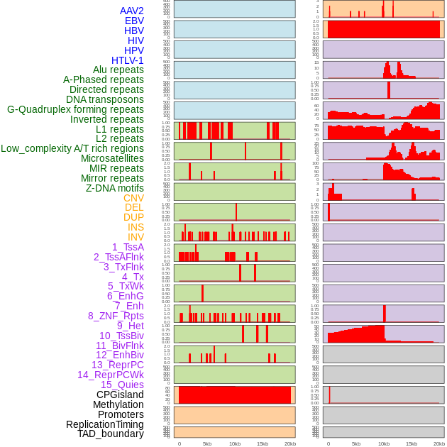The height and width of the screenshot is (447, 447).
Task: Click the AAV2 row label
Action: tap(131, 11)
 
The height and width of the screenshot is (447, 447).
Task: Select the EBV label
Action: tap(134, 21)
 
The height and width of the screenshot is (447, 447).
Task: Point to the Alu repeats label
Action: tap(118, 70)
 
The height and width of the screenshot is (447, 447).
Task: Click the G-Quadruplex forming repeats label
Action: tap(75, 110)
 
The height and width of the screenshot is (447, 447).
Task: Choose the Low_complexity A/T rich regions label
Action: tap(72, 149)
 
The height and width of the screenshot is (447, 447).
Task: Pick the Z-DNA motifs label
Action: tap(114, 188)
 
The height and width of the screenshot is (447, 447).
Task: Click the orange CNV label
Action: tap(133, 198)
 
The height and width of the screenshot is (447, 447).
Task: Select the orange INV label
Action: tap(136, 237)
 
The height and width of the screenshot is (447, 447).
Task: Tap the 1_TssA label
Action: tap(128, 247)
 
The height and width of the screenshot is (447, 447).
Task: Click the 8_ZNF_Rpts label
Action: tap(116, 316)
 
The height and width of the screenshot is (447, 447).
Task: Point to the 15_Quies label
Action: tap(122, 385)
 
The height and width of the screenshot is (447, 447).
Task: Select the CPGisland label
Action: tap(120, 394)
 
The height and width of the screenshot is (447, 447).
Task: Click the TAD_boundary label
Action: tap(111, 434)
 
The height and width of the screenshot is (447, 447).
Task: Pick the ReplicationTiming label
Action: tap(104, 424)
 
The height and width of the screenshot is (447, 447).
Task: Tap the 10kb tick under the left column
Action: tap(235, 443)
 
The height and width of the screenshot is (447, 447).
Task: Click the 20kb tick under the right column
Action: tap(439, 443)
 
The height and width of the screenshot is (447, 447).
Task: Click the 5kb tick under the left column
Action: tap(207, 443)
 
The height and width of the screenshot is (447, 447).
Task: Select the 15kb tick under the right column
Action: tap(412, 443)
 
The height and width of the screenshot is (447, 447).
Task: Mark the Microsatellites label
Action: tap(112, 159)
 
